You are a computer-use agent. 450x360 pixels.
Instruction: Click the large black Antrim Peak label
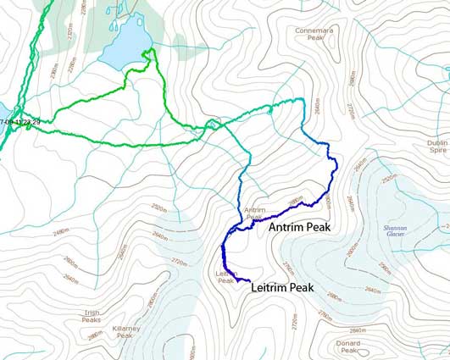pos(304,228)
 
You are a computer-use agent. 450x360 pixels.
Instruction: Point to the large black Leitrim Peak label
pos(281,288)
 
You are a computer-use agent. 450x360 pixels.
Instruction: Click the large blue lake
pos(124,47)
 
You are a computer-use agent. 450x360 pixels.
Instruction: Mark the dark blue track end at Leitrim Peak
pos(249,280)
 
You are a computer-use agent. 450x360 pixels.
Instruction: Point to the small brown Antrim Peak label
pos(255,213)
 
